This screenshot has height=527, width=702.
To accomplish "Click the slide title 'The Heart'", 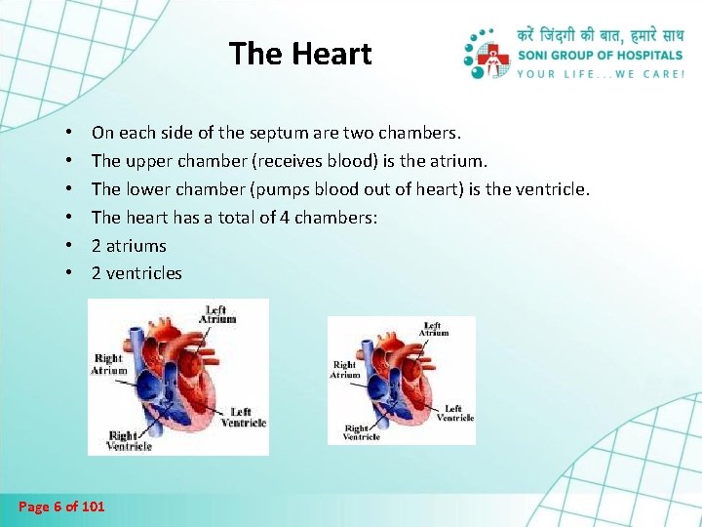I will click(x=300, y=54).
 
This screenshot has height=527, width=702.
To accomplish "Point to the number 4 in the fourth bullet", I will click(x=285, y=217).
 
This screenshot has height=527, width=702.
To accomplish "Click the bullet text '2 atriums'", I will click(x=129, y=245).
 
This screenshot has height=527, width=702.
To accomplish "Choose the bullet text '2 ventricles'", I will click(x=136, y=273).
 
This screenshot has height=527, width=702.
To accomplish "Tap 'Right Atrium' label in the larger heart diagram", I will click(x=109, y=364).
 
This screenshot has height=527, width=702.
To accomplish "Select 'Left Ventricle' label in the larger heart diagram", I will click(x=243, y=418).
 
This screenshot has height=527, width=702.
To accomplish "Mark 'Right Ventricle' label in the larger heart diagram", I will click(x=130, y=440).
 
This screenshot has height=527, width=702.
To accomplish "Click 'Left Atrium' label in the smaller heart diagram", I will click(x=434, y=329).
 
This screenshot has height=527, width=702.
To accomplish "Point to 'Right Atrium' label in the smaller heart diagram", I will click(x=346, y=370).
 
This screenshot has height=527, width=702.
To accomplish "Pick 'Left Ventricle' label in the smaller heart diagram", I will click(x=454, y=413).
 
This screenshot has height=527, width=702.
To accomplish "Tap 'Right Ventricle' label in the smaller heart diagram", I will click(x=362, y=432).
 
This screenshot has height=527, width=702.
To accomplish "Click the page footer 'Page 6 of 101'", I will click(x=61, y=506).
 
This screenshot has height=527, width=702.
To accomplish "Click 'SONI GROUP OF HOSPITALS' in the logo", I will click(x=601, y=55).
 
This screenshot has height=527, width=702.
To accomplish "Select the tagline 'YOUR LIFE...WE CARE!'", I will click(x=601, y=72).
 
